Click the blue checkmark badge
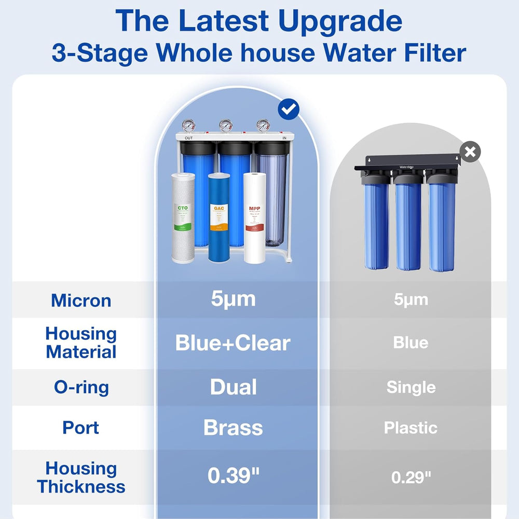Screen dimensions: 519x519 [288, 109]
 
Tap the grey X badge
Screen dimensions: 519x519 [470, 152]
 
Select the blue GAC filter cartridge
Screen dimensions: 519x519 [218, 217]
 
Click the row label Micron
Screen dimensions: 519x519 [81, 300]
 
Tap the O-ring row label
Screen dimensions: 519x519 [81, 387]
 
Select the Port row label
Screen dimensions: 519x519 [81, 428]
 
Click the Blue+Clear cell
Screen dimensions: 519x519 [233, 343]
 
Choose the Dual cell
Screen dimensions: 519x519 [233, 387]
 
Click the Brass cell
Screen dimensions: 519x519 [233, 428]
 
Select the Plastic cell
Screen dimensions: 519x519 [411, 428]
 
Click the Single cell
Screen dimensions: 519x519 [411, 387]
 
